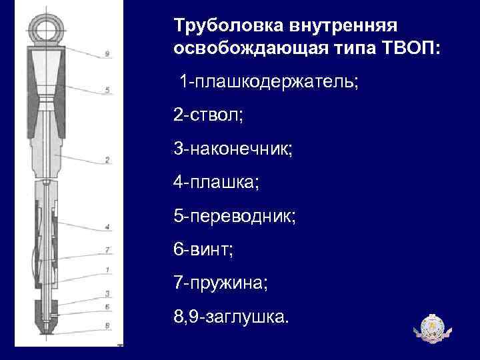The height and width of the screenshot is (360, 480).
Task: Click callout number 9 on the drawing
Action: [x=107, y=53]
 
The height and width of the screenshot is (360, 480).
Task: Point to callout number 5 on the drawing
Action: [x=107, y=89]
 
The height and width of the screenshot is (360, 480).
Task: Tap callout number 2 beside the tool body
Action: [x=107, y=159]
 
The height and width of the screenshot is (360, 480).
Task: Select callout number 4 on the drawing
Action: [x=107, y=227]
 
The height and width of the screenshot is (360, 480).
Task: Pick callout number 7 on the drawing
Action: [x=107, y=250]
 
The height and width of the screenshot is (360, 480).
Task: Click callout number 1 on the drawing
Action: [x=107, y=269]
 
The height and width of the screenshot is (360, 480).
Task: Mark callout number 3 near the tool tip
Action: [x=107, y=293]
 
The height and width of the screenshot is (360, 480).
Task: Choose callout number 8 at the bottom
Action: [x=107, y=325]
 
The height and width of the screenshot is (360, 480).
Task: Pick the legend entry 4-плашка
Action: [x=217, y=181]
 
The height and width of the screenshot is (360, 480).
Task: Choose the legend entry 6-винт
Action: [x=205, y=249]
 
